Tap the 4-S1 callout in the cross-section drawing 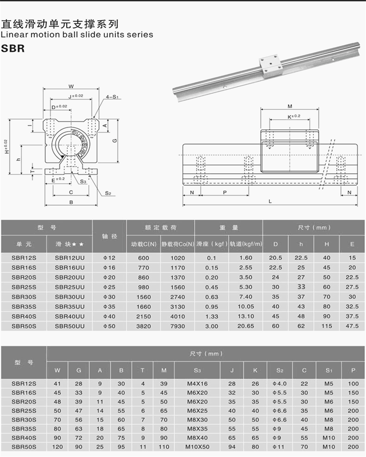click(113, 97)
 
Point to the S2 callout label click(108, 193)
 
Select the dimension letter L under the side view click(270, 202)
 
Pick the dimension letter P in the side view click(225, 193)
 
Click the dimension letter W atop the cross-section click(71, 86)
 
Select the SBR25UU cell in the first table click(70, 287)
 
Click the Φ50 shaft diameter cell click(110, 326)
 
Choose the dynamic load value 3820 click(144, 326)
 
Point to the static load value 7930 click(177, 326)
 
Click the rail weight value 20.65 click(246, 326)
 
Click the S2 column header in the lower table click(280, 370)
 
